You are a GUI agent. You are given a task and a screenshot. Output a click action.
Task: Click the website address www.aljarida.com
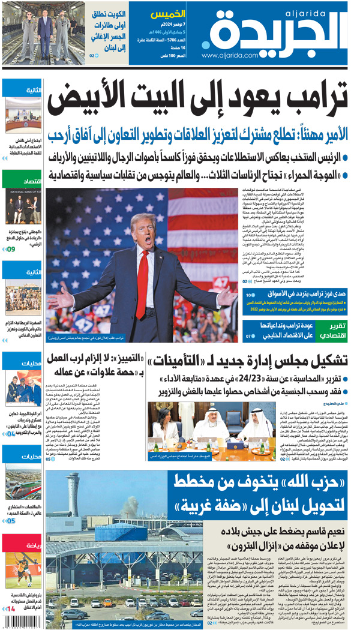coord(231,56)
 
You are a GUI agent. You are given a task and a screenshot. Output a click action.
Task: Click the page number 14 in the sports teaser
coord(11,610)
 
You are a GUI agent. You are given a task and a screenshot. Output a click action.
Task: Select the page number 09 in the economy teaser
coord(11,248)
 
